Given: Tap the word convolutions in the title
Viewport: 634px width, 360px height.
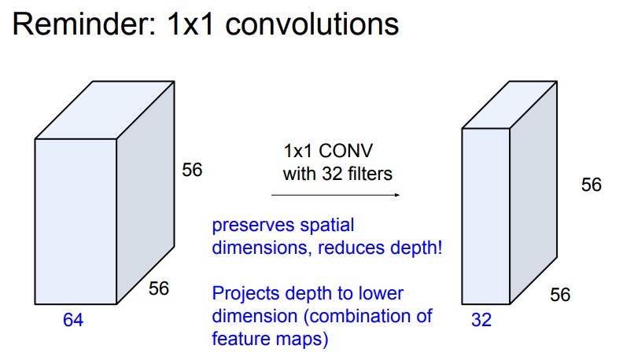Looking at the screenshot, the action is point(312,24).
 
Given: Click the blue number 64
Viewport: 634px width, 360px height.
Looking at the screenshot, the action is point(73,320).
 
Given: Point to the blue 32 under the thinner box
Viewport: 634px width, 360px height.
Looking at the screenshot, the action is point(481,320).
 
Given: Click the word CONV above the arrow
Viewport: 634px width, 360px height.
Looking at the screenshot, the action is point(345,151).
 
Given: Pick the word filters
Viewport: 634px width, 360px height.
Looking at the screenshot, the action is point(369,174).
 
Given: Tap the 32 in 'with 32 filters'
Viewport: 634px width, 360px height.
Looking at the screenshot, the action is point(332,174).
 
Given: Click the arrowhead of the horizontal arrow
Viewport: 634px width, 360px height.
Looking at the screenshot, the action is point(396,195).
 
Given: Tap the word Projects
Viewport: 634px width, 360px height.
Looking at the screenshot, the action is point(246,294).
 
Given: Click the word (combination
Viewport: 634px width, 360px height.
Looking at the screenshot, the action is point(357,316).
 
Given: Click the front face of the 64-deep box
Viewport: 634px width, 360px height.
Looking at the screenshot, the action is point(76,222).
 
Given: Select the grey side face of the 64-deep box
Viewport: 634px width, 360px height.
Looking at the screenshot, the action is point(146,193).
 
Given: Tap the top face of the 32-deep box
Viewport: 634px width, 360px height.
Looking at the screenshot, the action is point(510,105).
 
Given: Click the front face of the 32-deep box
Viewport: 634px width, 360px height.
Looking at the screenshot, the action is point(485,217).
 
